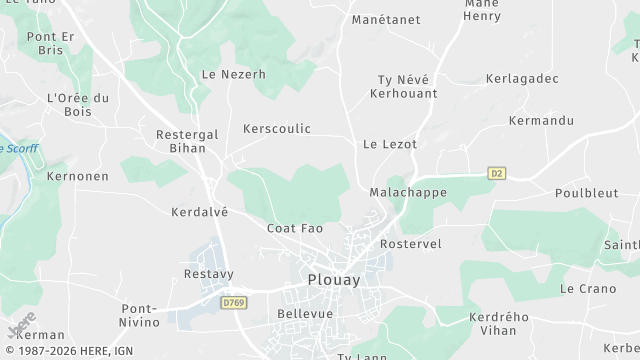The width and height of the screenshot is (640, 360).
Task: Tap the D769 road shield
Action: [234, 301]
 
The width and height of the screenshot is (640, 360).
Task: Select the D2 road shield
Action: [497, 173]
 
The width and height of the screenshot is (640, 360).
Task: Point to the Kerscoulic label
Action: [277, 129]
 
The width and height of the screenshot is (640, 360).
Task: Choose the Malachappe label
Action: [406, 191]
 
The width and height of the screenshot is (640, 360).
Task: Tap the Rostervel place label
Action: [411, 243]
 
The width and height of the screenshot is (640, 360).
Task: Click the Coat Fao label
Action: [295, 228]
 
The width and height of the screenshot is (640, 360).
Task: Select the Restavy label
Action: [208, 273]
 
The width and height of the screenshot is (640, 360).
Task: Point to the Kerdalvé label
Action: [199, 211]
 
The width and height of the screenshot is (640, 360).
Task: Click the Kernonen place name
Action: [77, 176]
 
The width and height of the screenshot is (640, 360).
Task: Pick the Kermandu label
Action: [541, 121]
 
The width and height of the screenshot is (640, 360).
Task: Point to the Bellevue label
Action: [304, 313]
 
